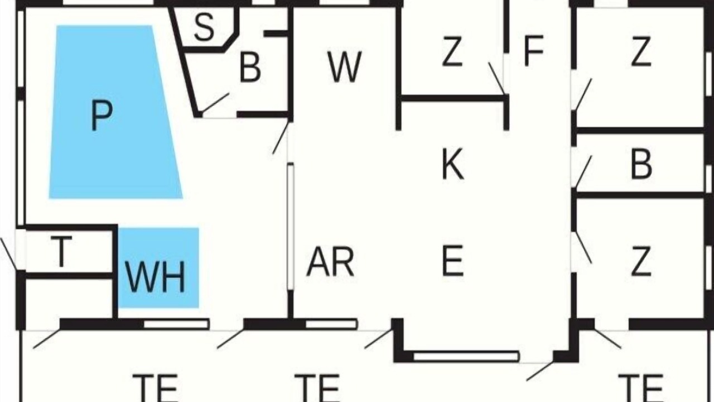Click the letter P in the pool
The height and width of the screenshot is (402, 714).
[x=102, y=115]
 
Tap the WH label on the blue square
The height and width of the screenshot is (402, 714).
[x=155, y=277]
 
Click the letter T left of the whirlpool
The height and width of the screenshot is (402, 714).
[x=61, y=251]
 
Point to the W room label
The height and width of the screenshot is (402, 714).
[x=345, y=66]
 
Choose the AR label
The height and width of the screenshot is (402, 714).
[x=330, y=261]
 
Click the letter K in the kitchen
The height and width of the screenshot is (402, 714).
[x=453, y=164]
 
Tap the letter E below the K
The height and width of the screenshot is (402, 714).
[x=452, y=260]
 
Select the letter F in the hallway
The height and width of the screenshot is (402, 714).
[x=534, y=51]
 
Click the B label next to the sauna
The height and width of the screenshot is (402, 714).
[x=250, y=68]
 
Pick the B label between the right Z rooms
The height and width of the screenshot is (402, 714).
[x=641, y=164]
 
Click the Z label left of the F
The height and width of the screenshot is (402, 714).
[x=452, y=51]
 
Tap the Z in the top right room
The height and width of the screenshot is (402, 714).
[x=641, y=51]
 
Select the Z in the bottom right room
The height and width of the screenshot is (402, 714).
[x=641, y=260]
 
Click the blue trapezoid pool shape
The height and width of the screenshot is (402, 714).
[x=115, y=112]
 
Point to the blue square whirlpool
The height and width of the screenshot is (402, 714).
[x=158, y=268]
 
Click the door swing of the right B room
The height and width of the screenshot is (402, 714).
[x=583, y=171]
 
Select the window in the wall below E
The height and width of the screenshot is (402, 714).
[x=466, y=356]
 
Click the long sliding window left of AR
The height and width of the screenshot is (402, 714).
[x=291, y=227]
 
